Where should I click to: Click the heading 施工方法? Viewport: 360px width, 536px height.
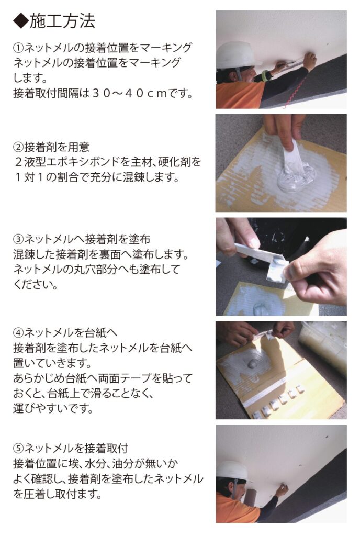click(x=62, y=21)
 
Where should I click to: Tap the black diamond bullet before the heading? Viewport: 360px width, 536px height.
click(x=21, y=21)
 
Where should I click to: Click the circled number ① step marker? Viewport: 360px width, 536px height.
click(x=18, y=48)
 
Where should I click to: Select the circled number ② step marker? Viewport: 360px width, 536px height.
click(x=18, y=147)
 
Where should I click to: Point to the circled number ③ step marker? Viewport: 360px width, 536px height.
click(x=18, y=239)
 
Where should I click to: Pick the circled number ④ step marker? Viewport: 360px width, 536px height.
click(x=18, y=332)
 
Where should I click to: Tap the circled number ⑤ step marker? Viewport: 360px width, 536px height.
click(x=18, y=448)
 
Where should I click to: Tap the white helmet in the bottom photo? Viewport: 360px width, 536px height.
click(x=233, y=471)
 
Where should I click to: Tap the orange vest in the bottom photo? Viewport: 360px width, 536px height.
click(x=235, y=509)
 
